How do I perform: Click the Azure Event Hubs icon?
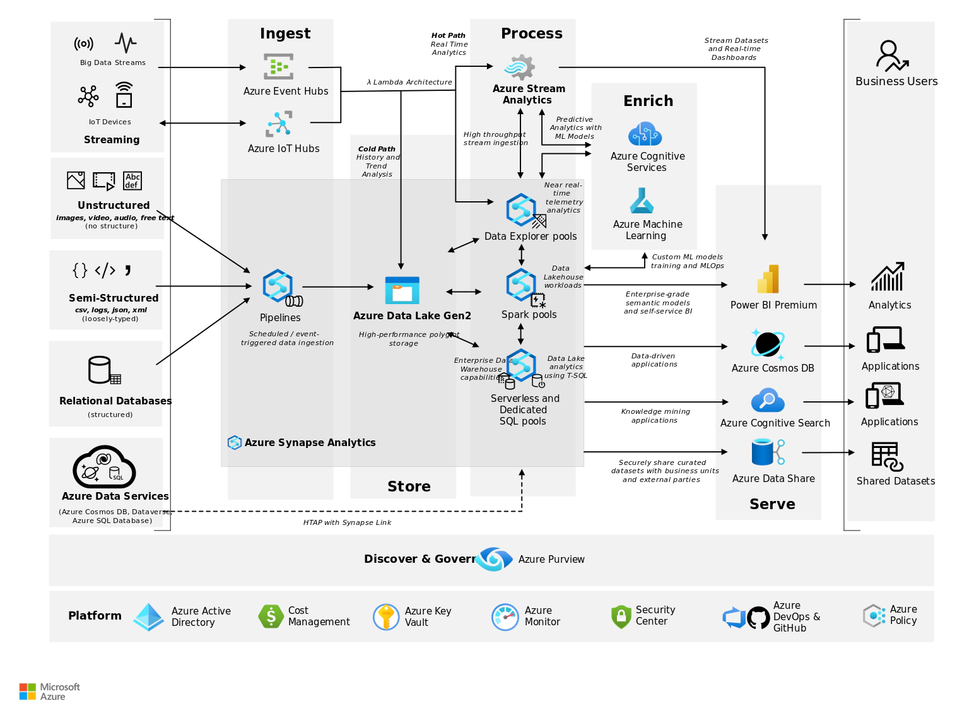(278, 66)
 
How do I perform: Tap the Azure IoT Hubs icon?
(279, 124)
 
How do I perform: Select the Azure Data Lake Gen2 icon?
(402, 290)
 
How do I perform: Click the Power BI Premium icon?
(768, 279)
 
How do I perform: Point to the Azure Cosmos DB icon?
(768, 344)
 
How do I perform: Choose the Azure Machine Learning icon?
(642, 201)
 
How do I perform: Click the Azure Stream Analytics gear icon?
(520, 67)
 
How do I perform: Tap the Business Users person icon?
(891, 56)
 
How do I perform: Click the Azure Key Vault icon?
(386, 616)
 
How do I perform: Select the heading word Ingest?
(285, 33)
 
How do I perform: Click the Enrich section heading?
(648, 101)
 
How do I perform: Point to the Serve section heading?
(772, 504)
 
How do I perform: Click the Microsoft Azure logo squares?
(27, 692)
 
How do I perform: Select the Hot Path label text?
(448, 35)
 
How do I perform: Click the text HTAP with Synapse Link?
(347, 522)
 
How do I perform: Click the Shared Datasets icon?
(887, 456)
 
